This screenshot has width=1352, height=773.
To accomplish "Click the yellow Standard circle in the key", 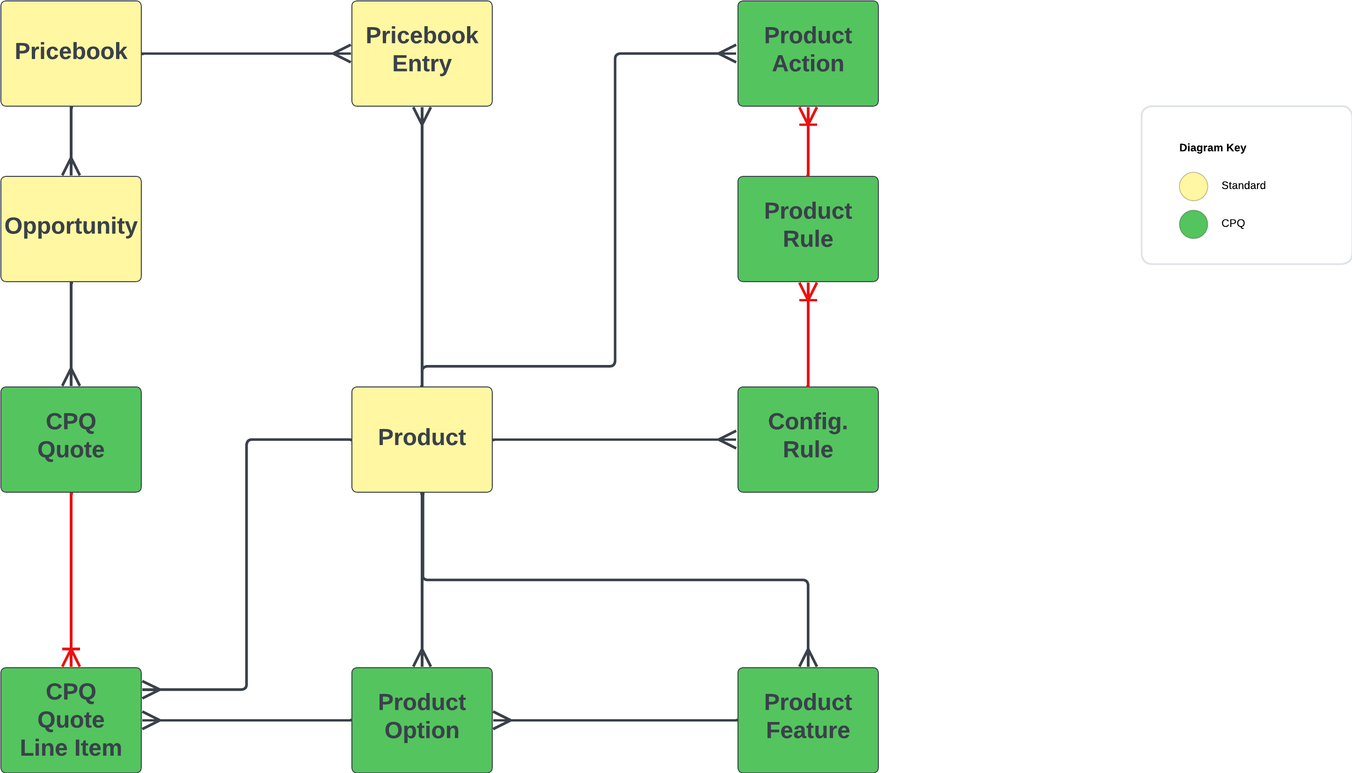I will [1193, 186].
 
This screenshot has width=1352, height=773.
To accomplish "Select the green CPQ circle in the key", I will [1193, 224].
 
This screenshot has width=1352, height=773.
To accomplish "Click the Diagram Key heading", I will [1212, 147].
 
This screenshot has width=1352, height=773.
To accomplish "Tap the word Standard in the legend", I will [1242, 185].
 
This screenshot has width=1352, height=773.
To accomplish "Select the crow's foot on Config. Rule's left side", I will [727, 439].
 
